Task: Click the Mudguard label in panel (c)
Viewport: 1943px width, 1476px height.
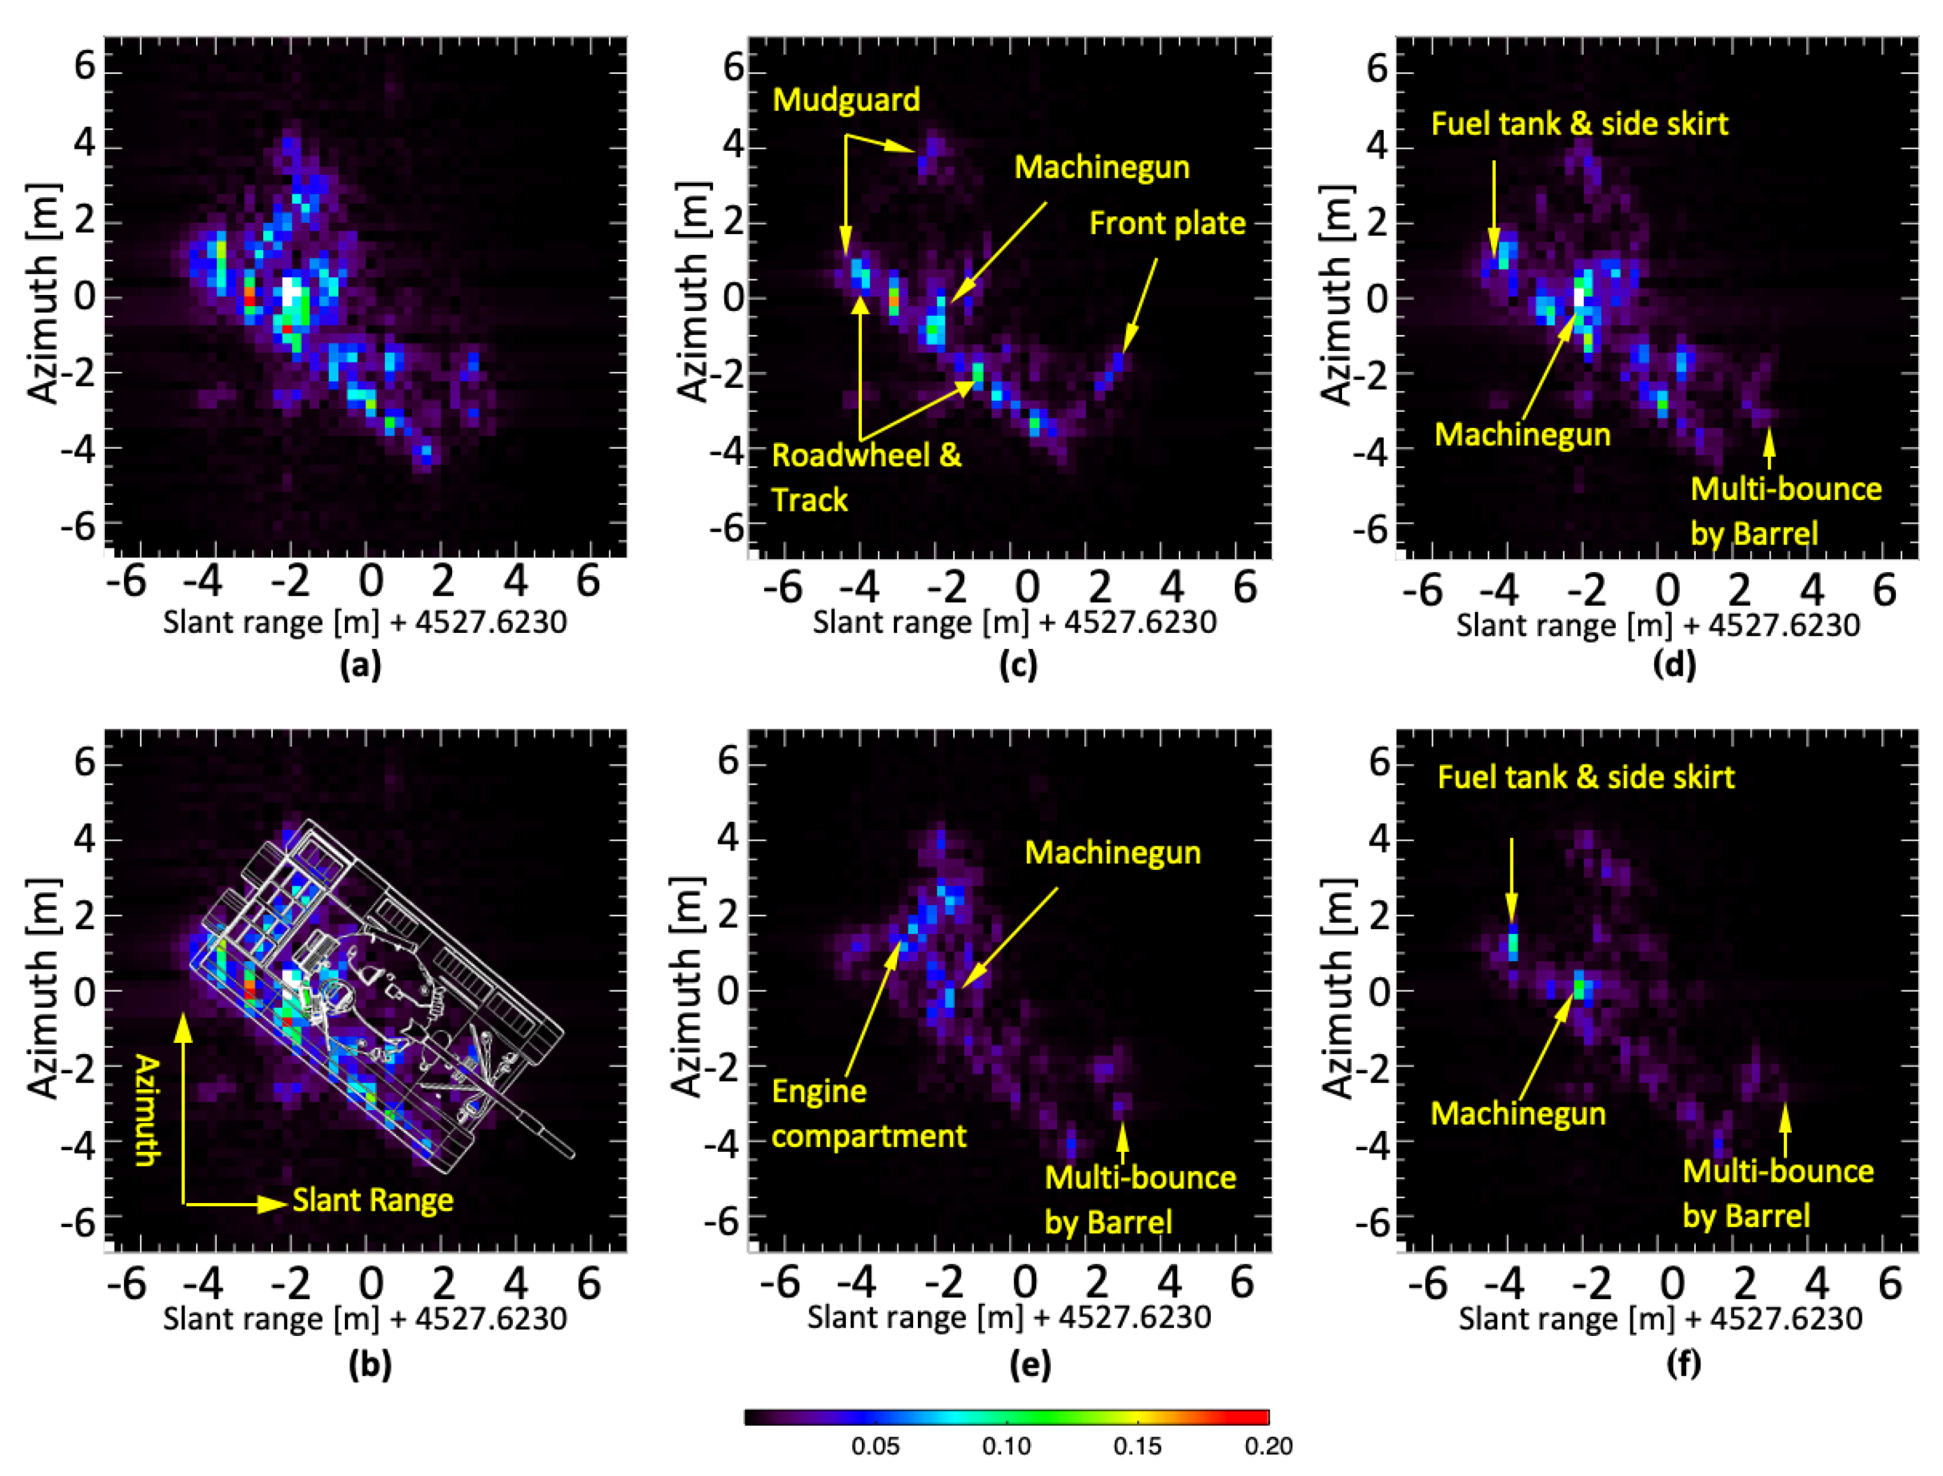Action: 846,100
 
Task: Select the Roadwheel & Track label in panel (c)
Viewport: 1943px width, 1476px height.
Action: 865,478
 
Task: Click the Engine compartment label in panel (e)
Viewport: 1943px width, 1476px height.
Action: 868,1114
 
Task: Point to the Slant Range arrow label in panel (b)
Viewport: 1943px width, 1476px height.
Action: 372,1200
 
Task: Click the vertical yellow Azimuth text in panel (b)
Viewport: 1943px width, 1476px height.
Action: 147,1111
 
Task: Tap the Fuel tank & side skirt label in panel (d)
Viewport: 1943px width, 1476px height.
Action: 1579,124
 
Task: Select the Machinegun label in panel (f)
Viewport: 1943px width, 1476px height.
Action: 1518,1114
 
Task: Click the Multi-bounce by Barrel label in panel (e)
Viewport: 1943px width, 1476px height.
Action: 1139,1200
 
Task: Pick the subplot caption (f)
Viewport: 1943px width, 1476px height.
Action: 1683,1363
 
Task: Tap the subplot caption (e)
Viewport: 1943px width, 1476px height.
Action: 1029,1363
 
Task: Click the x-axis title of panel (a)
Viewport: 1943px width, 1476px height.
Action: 365,622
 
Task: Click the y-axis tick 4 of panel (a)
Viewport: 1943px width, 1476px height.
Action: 85,142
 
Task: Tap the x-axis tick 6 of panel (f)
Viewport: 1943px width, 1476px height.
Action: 1889,1285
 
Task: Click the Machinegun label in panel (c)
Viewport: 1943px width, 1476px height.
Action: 1101,168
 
